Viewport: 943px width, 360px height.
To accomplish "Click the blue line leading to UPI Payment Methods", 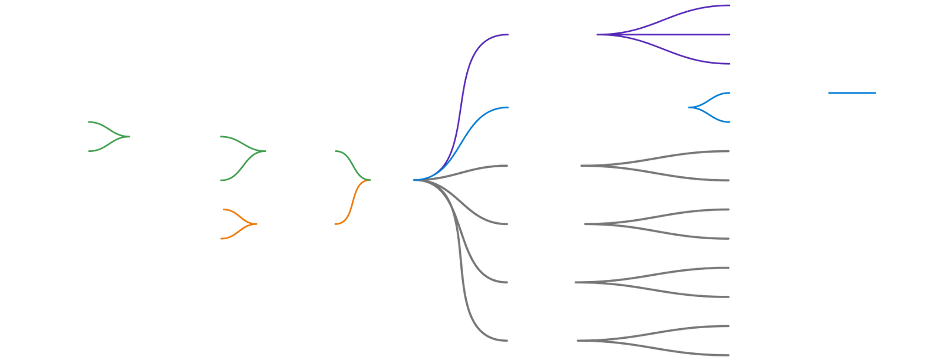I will pyautogui.click(x=852, y=93).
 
